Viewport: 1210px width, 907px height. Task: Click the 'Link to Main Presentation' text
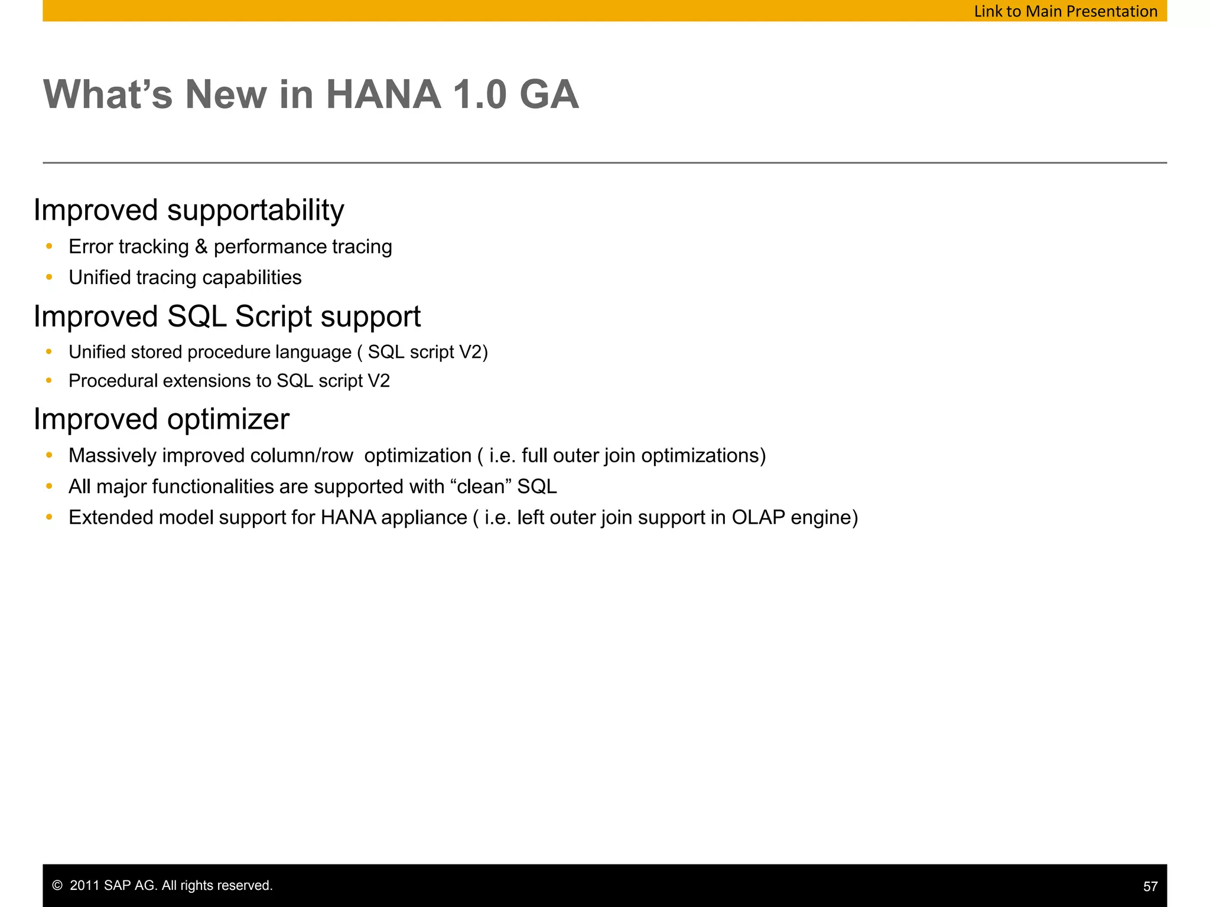1065,11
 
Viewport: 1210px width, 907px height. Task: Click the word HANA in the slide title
383,94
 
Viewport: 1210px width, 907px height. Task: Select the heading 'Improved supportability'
188,210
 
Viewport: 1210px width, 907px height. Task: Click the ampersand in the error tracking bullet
201,247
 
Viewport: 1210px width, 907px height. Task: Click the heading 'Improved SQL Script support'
227,317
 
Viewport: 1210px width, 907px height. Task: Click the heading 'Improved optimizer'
161,419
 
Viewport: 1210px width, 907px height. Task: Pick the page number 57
1150,886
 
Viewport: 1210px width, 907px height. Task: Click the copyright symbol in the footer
57,886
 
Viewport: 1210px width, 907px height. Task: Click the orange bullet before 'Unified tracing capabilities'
49,277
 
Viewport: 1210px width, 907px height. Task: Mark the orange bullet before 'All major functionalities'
49,487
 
